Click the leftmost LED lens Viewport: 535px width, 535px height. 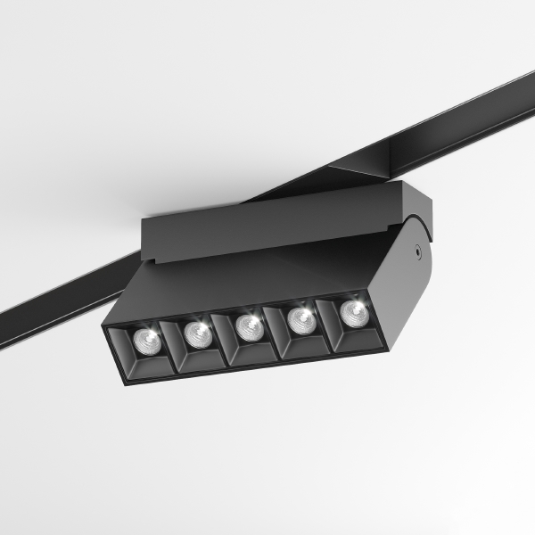coord(144,340)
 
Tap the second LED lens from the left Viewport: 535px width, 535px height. coord(197,333)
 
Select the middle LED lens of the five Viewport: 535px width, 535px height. coord(250,327)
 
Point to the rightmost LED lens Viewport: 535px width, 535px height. coord(354,311)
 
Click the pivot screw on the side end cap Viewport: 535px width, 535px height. coord(416,253)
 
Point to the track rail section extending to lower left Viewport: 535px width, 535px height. coord(53,308)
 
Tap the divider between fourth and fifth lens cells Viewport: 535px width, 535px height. coord(329,322)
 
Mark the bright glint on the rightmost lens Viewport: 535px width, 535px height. coord(357,308)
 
